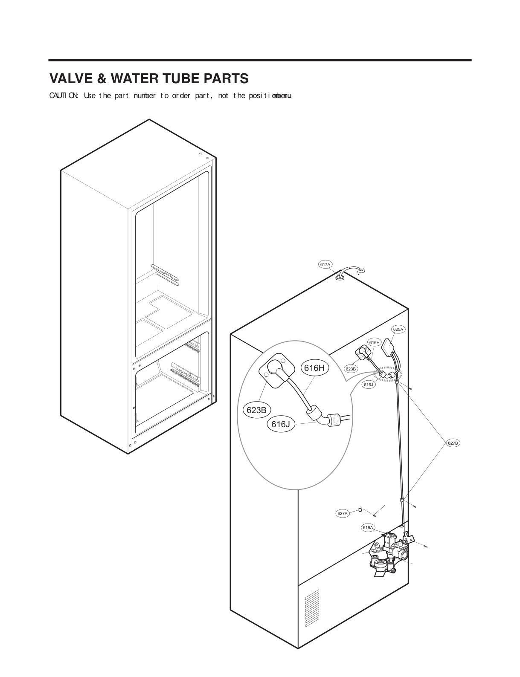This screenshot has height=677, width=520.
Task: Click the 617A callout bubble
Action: coord(325,264)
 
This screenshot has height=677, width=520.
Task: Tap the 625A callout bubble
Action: coord(398,329)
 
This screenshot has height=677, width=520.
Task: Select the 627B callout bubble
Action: coord(453,443)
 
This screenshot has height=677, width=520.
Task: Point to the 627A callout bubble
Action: coord(343,513)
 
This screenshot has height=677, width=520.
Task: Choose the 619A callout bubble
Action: coord(368,527)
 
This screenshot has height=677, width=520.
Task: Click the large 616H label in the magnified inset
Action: coord(315,367)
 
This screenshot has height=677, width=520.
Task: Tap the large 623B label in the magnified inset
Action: coord(257,410)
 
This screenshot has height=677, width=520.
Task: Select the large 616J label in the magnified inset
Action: coord(281,424)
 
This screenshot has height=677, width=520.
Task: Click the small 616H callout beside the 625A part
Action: coord(375,342)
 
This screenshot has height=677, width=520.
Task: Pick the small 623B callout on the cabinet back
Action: coord(351,369)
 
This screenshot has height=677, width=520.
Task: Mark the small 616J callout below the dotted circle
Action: coord(369,385)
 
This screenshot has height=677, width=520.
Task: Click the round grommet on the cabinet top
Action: coord(340,278)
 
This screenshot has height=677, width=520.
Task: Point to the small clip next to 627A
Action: coord(361,509)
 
